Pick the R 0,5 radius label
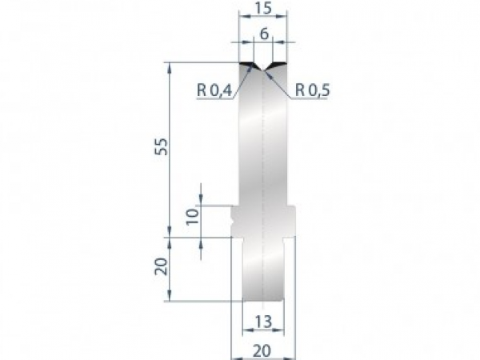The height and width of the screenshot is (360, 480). click(x=313, y=90)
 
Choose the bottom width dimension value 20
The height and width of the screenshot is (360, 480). click(x=263, y=349)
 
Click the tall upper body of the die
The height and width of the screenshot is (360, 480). click(x=263, y=136)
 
